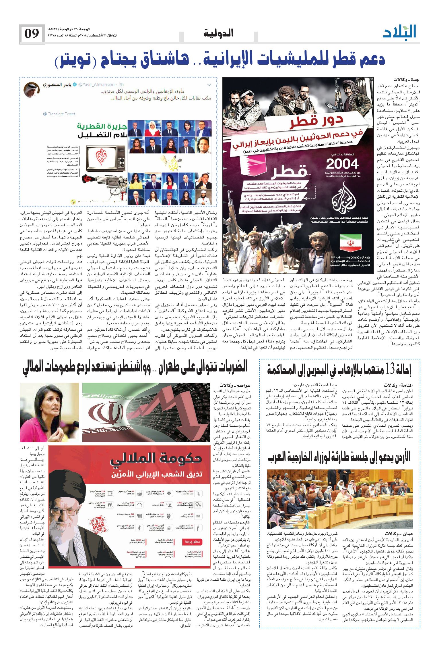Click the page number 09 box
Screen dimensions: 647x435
[32, 34]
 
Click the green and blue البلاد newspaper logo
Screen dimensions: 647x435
[399, 32]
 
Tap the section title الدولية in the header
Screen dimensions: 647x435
[218, 33]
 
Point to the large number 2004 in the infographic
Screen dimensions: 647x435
[342, 164]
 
